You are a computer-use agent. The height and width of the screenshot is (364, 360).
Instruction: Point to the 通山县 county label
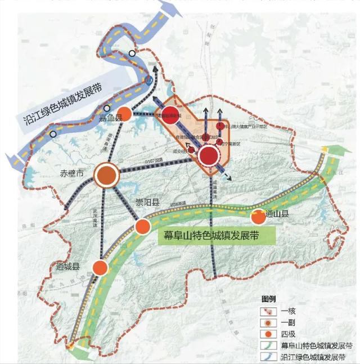point(277,214)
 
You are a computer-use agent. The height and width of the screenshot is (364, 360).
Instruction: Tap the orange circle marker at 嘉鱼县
point(127,114)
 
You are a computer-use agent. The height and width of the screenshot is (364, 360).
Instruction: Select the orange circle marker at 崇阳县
point(143,227)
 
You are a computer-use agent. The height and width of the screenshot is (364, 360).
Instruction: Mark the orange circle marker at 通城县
point(100,268)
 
